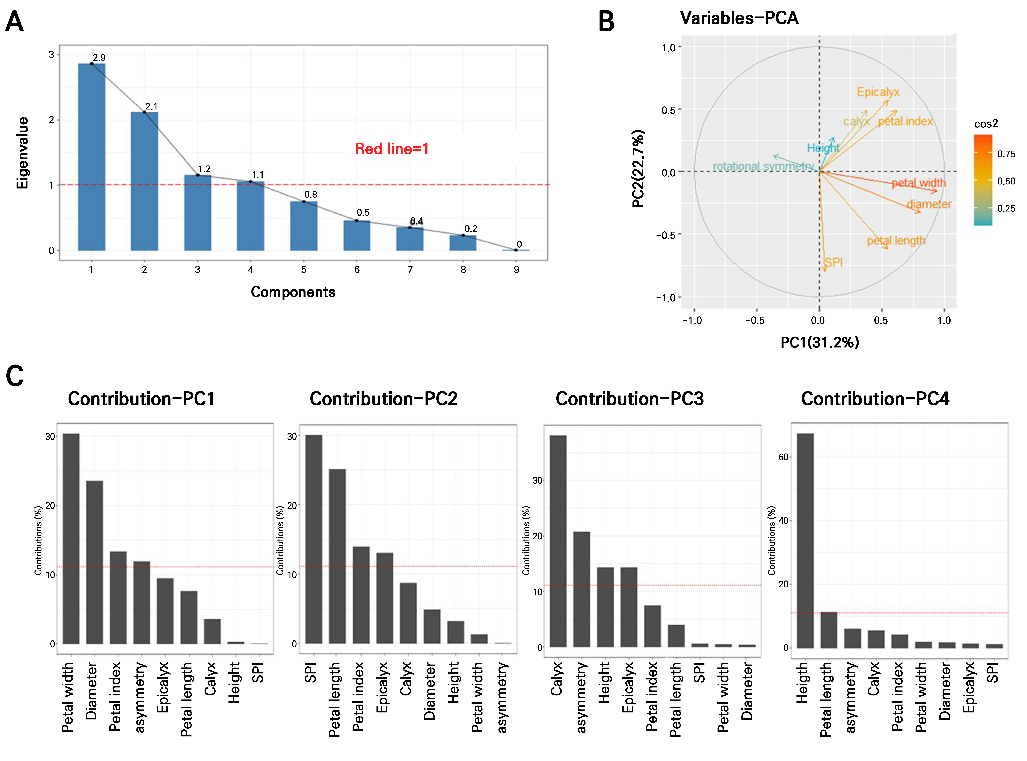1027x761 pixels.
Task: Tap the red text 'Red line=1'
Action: [392, 149]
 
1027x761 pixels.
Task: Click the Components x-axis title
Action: [293, 292]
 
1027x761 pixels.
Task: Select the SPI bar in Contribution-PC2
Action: [314, 539]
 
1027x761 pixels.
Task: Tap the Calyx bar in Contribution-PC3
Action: [558, 541]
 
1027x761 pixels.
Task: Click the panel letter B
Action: [606, 22]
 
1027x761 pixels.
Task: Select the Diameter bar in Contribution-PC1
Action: [94, 562]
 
